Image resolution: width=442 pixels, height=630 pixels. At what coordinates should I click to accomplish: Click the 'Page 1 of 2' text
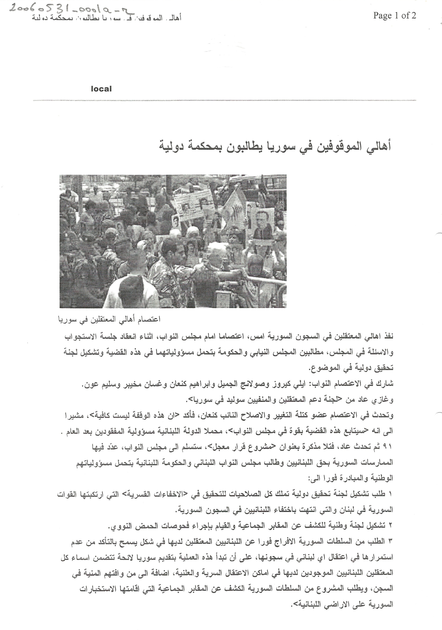point(394,15)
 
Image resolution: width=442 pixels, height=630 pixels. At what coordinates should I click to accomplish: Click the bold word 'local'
point(101,89)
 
